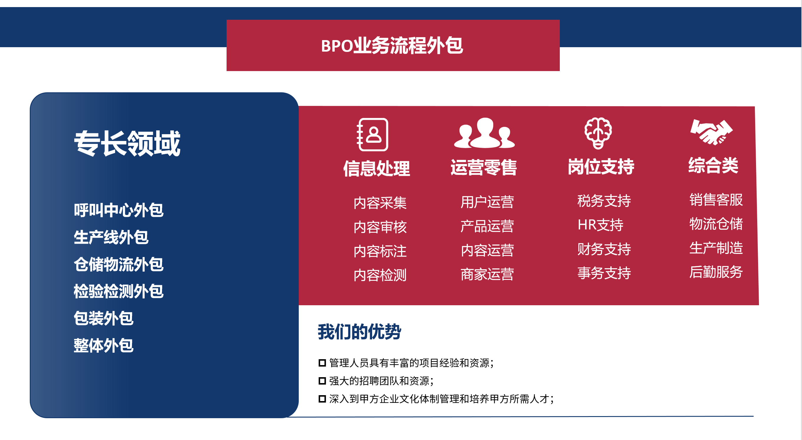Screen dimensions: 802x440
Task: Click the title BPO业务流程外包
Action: [x=392, y=45]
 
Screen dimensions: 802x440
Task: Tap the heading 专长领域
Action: [x=127, y=143]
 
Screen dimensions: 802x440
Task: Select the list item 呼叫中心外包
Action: [x=119, y=210]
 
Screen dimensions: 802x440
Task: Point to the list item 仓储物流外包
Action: [x=119, y=264]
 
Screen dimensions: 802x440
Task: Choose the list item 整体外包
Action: [x=104, y=345]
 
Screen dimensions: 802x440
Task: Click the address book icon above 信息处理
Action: [x=373, y=134]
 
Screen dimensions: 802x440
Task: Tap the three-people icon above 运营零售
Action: [x=484, y=133]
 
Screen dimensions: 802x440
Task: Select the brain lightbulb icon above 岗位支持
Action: [x=598, y=133]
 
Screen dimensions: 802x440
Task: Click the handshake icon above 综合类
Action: [x=712, y=132]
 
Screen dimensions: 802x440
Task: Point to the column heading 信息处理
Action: [x=377, y=169]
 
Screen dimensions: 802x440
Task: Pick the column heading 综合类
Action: [x=713, y=165]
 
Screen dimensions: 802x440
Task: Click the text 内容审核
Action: [x=380, y=227]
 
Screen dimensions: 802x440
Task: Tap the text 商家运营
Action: [x=487, y=274]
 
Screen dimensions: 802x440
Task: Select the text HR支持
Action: [x=600, y=225]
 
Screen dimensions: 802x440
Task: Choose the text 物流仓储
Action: [x=716, y=224]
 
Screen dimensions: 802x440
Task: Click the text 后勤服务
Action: [x=716, y=272]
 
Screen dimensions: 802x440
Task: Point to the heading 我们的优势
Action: [x=359, y=331]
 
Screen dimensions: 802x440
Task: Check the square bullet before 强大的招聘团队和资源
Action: [x=322, y=381]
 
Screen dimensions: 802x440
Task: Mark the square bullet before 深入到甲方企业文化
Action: [x=322, y=399]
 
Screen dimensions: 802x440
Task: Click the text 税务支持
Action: [x=604, y=201]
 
